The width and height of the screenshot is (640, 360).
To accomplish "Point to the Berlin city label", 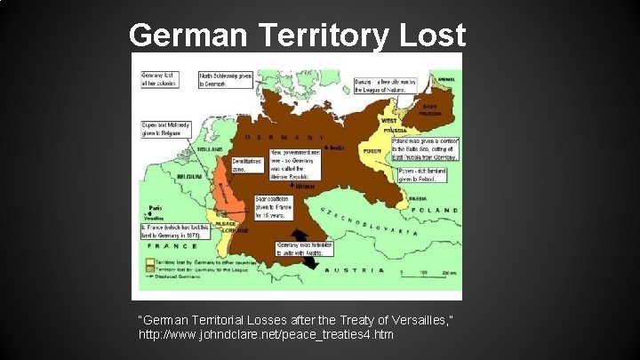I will tap(335, 148).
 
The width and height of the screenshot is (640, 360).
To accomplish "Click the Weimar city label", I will tap(306, 187).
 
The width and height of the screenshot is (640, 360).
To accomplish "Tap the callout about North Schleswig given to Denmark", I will tap(219, 80).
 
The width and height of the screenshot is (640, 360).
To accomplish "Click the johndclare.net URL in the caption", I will tap(266, 336).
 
